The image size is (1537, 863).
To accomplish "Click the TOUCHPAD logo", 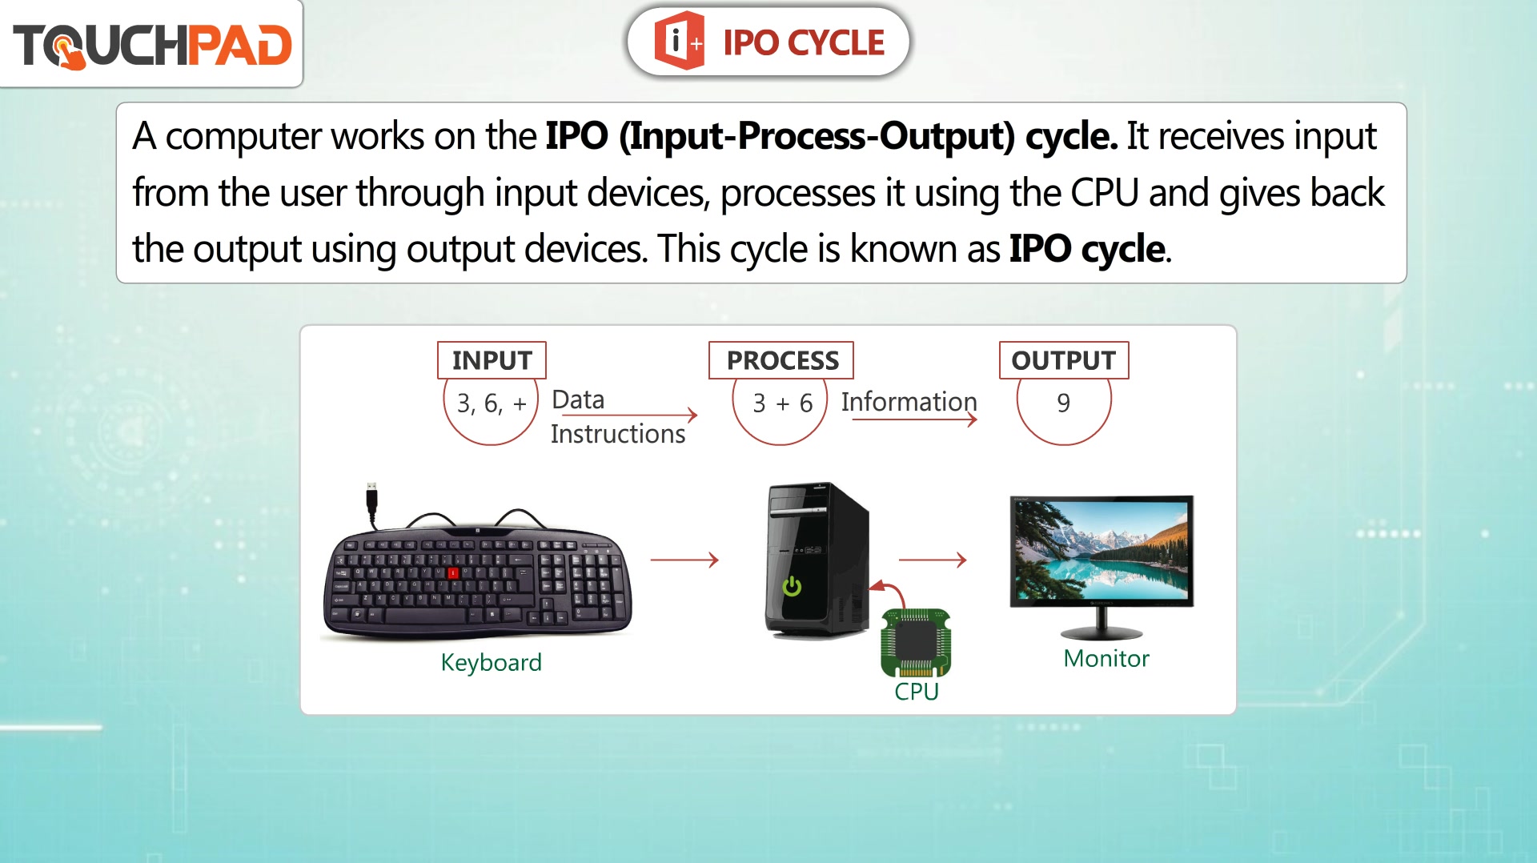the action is coord(152,45).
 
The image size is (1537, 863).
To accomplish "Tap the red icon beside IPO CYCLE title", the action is coord(679,41).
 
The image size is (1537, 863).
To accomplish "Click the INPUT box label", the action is coord(492,360).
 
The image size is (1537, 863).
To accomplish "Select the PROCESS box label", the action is coord(781,360).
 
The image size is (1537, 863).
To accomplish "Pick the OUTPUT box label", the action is coord(1064,360).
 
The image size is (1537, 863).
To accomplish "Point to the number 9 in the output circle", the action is coord(1063,403).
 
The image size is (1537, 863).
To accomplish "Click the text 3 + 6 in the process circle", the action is coord(783,403).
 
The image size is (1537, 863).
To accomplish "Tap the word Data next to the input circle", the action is coord(578,399).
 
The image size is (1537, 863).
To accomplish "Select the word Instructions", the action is coord(618,434).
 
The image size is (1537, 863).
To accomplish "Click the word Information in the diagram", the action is coord(909,401).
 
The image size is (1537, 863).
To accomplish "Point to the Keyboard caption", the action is coord(492,662).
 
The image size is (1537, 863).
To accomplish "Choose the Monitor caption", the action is coord(1106,658).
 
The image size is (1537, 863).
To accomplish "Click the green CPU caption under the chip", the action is coord(917,691).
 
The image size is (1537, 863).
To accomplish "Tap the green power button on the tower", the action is coord(792,586).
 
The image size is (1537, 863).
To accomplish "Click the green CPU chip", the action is coord(916,643).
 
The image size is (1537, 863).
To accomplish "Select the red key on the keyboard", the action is coord(453,572).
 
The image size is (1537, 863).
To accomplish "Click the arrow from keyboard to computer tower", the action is coord(684,560).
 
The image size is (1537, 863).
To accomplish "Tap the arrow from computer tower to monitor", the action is coord(933,560).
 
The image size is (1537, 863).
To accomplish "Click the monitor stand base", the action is coord(1102,633).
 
